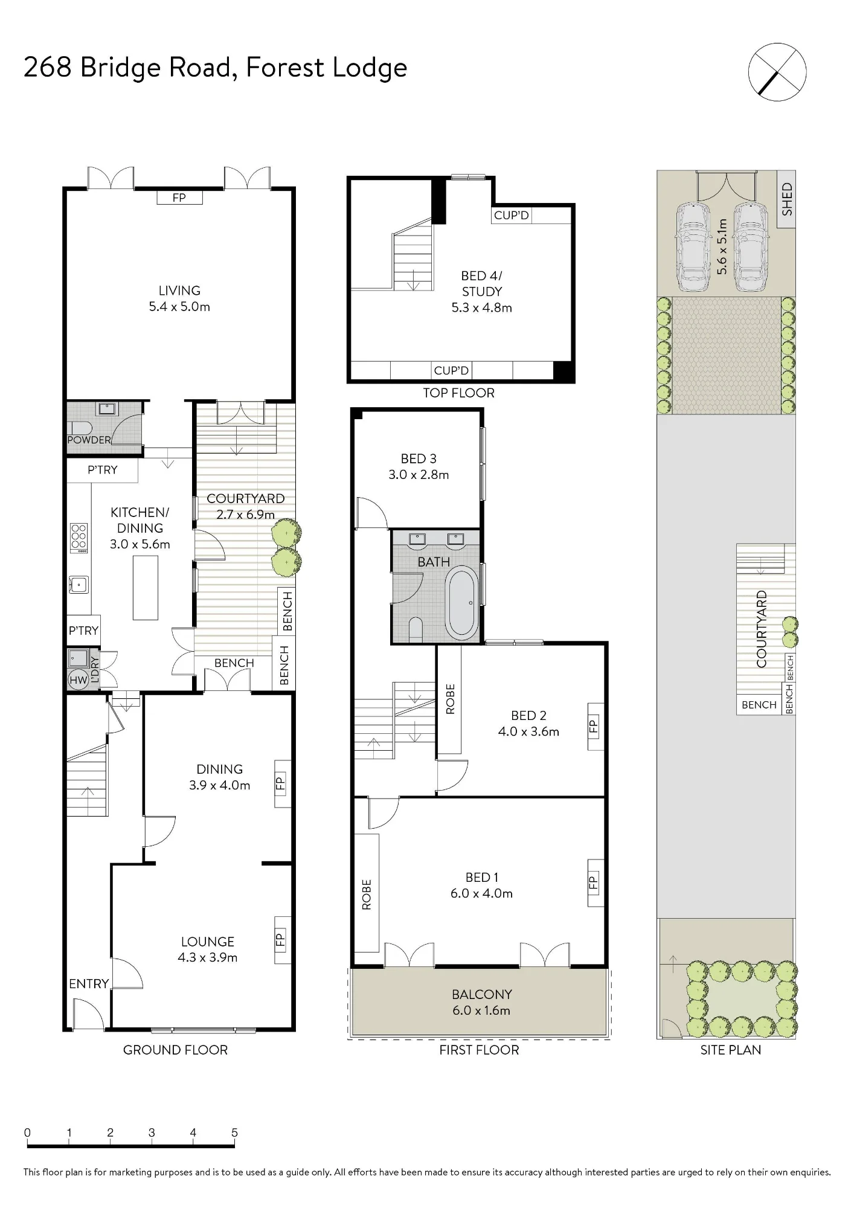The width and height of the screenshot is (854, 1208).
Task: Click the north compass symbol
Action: coord(777,72)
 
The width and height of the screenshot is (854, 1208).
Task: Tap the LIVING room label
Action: coord(179,291)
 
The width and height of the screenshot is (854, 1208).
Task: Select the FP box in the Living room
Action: coord(179,198)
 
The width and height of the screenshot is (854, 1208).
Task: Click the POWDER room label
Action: coord(89,440)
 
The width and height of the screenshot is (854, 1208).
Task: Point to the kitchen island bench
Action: coord(146,588)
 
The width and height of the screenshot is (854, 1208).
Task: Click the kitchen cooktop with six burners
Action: coord(79,538)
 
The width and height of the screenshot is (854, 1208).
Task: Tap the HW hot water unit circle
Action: coord(79,680)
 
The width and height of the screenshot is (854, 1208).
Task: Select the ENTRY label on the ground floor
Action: coord(89,984)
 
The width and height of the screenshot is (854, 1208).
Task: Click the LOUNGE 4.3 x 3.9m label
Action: coord(208,949)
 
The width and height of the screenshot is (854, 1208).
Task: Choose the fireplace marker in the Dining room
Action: coord(281,783)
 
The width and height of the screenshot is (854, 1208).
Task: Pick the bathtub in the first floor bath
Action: coord(462,603)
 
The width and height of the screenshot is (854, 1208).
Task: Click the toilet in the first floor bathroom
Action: coord(416,629)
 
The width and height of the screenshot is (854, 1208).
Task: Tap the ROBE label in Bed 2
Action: coord(450,699)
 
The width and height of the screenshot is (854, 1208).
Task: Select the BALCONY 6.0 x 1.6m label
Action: coord(481,1002)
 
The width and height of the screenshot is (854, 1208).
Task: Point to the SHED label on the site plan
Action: coord(786,199)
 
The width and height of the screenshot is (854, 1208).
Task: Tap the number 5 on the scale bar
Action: coord(234,1132)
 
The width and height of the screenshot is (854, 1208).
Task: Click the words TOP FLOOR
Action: coord(458,393)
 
